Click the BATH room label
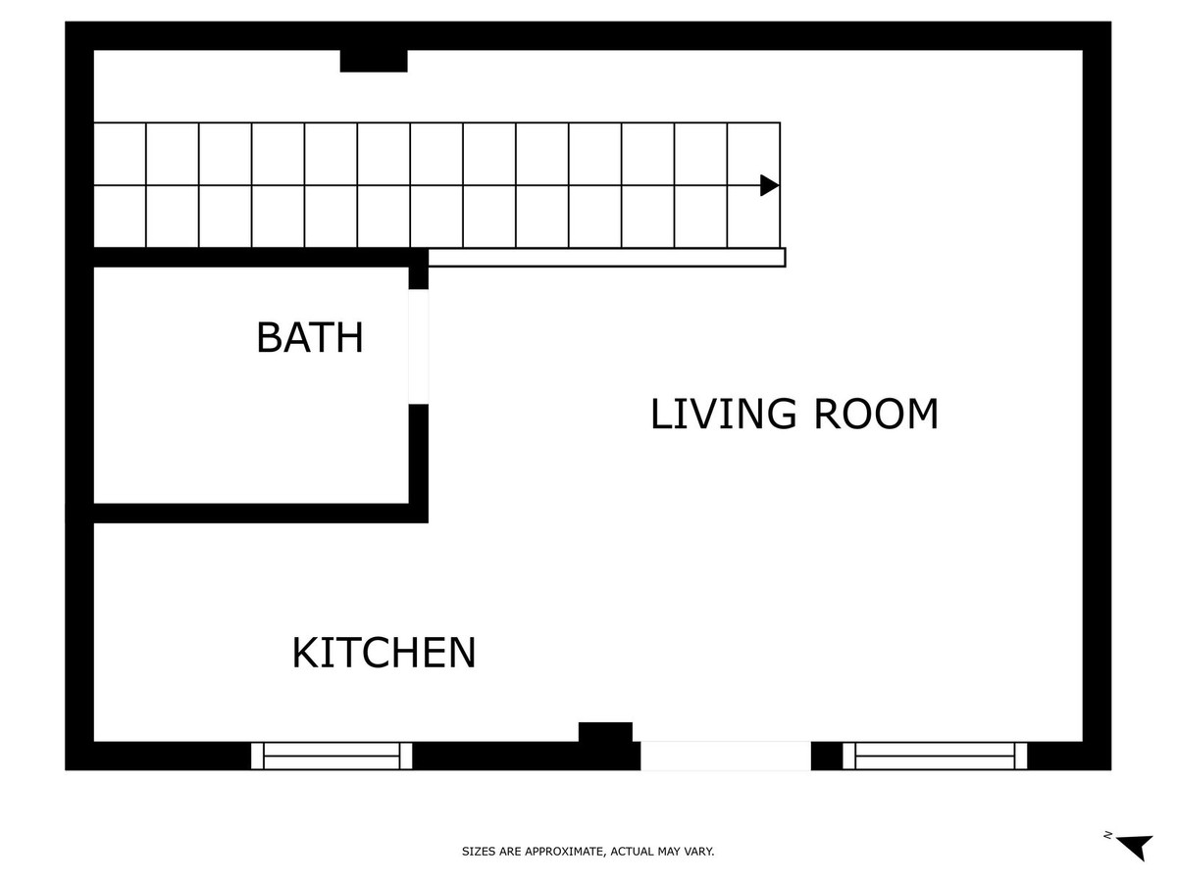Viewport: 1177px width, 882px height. tap(310, 338)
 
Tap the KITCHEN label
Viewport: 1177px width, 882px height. tap(384, 653)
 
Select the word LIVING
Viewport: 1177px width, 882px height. tap(723, 414)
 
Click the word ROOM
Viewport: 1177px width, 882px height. tap(876, 414)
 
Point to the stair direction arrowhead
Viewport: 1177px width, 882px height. tap(770, 185)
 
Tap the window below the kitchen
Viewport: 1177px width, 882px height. tap(332, 756)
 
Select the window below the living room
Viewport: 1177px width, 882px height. tap(935, 756)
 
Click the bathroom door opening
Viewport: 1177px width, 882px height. tap(418, 347)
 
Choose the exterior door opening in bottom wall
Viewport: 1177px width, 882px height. tap(726, 756)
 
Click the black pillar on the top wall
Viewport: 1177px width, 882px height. tap(374, 61)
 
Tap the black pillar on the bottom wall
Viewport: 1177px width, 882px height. tap(605, 732)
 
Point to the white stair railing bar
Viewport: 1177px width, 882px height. tap(607, 257)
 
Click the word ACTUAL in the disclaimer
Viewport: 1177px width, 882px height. tap(631, 851)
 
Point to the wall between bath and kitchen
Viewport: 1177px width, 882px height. tap(261, 513)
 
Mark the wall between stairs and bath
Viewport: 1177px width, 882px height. tap(261, 257)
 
